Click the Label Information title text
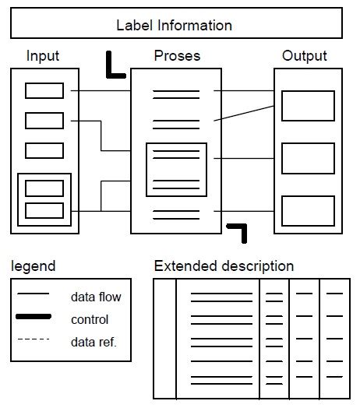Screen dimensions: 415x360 pyautogui.click(x=175, y=25)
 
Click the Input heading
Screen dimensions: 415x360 pyautogui.click(x=43, y=56)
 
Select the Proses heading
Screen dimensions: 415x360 pyautogui.click(x=177, y=56)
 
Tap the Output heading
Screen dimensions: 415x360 pyautogui.click(x=305, y=56)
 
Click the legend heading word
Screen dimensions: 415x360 pyautogui.click(x=34, y=266)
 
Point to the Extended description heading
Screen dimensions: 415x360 pyautogui.click(x=224, y=266)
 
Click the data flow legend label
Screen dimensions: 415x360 pyautogui.click(x=96, y=297)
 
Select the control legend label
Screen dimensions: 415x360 pyautogui.click(x=90, y=319)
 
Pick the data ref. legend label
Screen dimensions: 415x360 pyautogui.click(x=94, y=341)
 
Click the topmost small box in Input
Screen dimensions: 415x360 pyautogui.click(x=44, y=91)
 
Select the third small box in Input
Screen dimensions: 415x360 pyautogui.click(x=44, y=150)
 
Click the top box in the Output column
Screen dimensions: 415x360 pyautogui.click(x=308, y=106)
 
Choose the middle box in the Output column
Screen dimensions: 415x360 pyautogui.click(x=308, y=158)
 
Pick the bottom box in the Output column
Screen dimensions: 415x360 pyautogui.click(x=308, y=211)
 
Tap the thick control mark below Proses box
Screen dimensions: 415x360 pyautogui.click(x=238, y=230)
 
